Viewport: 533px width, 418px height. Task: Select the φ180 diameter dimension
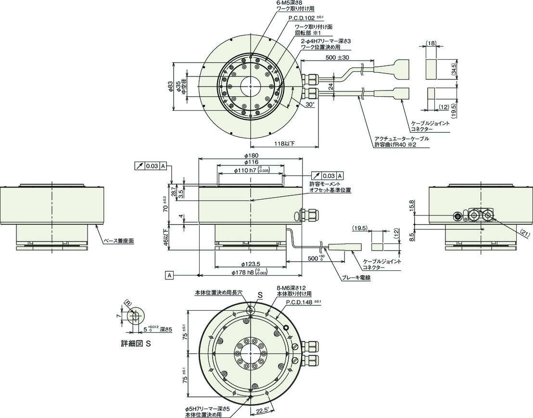click(251, 155)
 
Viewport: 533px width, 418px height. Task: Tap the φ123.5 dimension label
click(250, 264)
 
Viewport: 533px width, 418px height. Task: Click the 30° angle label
click(309, 105)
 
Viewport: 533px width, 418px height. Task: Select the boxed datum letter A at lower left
click(169, 275)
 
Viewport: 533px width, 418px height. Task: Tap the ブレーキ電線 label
click(356, 278)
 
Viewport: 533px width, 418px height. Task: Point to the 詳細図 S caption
click(136, 343)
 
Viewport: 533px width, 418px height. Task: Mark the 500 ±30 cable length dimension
click(337, 57)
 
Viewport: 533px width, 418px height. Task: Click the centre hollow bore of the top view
click(251, 86)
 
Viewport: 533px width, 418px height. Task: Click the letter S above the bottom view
click(260, 296)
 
